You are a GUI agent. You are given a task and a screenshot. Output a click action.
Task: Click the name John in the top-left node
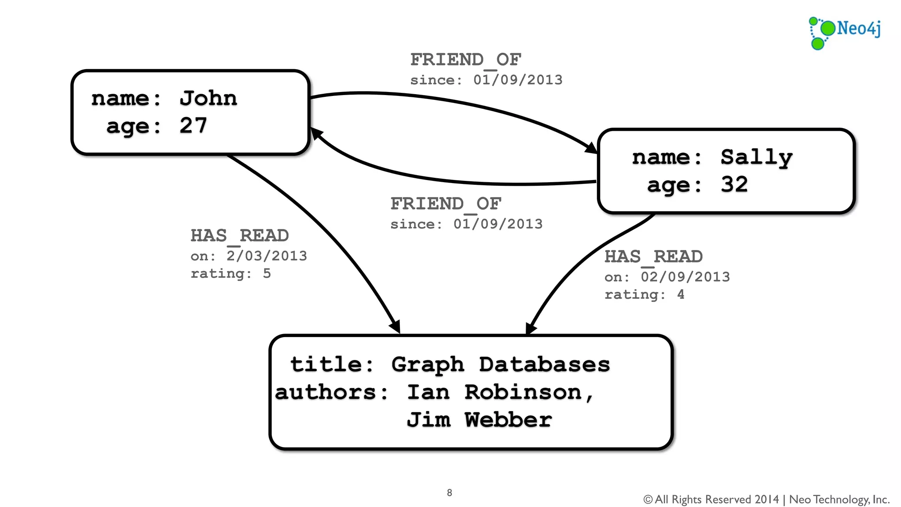point(208,98)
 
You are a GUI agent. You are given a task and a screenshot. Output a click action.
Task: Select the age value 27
point(193,126)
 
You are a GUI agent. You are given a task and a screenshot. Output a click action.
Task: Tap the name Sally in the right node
point(756,158)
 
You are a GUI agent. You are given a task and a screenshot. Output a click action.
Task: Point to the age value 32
point(734,184)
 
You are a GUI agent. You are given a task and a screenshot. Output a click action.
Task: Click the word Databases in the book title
point(544,364)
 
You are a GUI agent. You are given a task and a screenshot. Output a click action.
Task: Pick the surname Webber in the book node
point(508,420)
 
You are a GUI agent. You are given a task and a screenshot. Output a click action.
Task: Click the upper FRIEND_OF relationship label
point(465,60)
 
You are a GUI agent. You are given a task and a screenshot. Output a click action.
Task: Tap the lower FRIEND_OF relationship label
point(446,204)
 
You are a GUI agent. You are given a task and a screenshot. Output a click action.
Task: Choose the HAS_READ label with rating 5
point(239,236)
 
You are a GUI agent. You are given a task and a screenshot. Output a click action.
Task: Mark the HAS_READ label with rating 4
point(653,257)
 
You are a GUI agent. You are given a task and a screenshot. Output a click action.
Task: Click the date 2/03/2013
point(267,256)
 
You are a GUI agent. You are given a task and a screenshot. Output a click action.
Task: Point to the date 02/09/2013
point(685,277)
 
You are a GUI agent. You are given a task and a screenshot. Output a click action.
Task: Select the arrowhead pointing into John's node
point(316,133)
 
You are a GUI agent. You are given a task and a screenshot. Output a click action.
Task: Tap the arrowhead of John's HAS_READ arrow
point(395,327)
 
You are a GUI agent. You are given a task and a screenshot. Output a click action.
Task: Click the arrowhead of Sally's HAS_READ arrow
point(531,328)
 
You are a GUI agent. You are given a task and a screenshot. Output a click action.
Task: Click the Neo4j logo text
point(858,29)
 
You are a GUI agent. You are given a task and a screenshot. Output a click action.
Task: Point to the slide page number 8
point(449,492)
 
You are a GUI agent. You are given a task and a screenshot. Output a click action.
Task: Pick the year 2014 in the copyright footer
point(766,500)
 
